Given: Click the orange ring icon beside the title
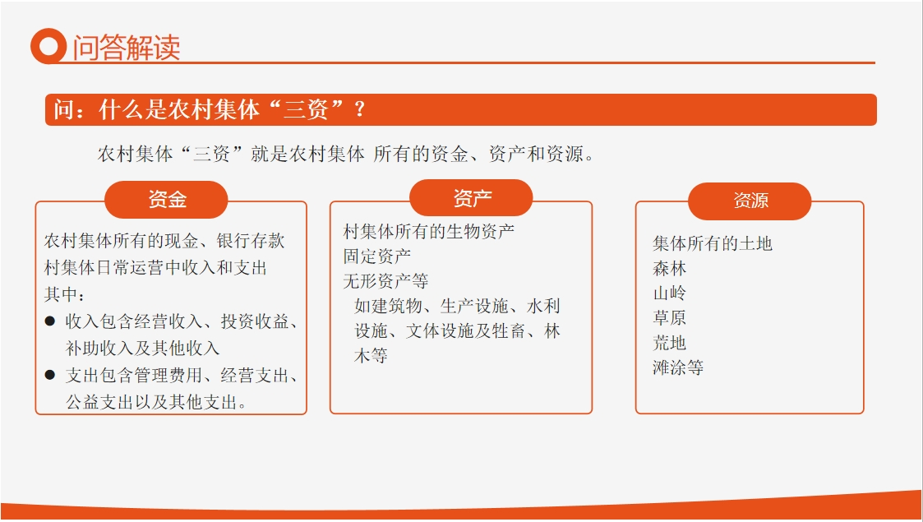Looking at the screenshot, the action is point(48,46).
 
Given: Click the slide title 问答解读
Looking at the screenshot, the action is point(127,47).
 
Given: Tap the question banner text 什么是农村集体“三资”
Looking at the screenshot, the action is point(221,109).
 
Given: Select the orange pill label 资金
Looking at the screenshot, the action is point(166,200).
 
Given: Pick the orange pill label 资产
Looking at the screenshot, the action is point(471,198).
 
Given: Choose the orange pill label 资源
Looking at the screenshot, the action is point(750,201).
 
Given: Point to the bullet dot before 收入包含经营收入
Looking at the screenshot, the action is point(50,321).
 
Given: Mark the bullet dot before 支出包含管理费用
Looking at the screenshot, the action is point(50,375).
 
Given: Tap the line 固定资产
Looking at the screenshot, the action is point(376,256).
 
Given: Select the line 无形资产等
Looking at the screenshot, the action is point(385,281).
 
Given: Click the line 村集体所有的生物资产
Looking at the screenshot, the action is point(428,231).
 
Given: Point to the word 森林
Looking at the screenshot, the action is point(669,268).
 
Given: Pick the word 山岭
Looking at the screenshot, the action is point(669,293).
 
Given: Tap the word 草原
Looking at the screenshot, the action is point(669,318).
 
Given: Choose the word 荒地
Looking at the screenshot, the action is point(669,343).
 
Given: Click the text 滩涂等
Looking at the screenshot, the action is point(678,367).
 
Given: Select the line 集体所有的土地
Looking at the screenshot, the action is point(713,243).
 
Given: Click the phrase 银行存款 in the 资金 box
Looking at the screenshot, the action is point(250,241).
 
